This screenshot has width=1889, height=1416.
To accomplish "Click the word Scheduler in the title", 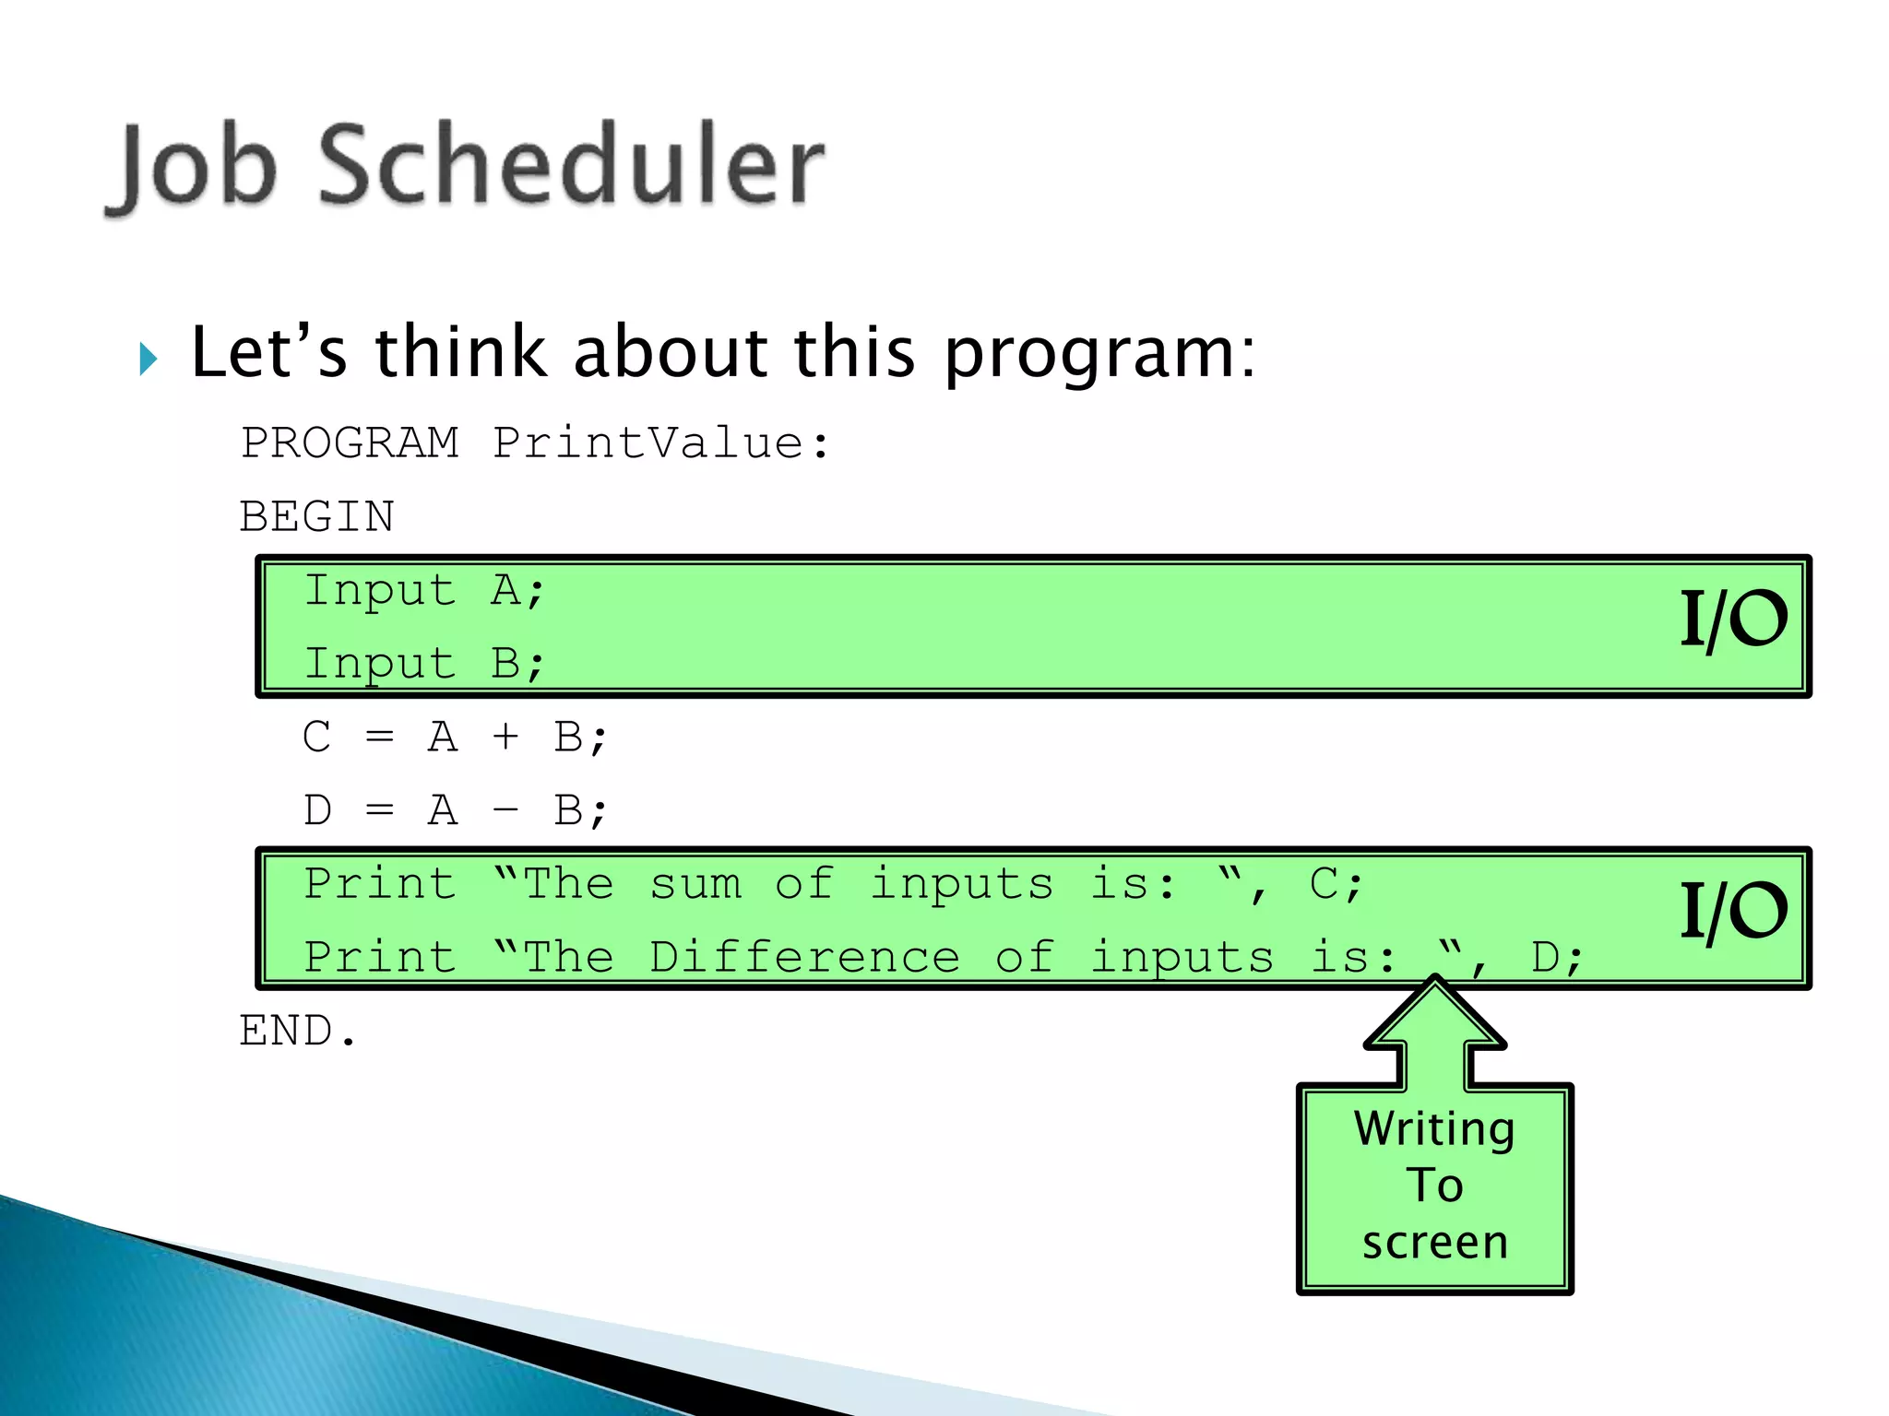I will pos(571,166).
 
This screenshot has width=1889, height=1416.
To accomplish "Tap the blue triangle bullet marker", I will pos(149,358).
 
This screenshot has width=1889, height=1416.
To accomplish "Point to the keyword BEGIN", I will pos(316,516).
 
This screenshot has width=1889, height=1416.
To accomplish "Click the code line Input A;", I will pos(424,590).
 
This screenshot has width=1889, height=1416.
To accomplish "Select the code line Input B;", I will pos(424,663).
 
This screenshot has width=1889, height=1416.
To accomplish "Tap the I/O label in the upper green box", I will pos(1732,619).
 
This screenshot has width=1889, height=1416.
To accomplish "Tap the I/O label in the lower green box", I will pos(1732,911).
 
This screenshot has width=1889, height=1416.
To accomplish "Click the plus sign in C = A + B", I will pos(505,737).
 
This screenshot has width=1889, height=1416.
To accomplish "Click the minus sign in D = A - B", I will pos(505,810).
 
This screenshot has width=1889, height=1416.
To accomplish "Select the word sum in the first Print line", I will pos(695,884).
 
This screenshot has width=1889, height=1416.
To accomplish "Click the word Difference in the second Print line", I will pos(804,957).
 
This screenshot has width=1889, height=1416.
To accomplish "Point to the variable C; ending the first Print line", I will pos(1334,884).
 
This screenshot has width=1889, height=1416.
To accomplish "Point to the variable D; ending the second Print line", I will pos(1555,957).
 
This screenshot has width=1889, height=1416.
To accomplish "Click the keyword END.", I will pos(296,1031).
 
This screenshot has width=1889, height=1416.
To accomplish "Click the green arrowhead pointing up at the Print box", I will pos(1435,1019).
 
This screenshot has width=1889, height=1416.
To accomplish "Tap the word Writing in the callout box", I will pos(1434,1129).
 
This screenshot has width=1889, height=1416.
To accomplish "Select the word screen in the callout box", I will pos(1434,1243).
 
